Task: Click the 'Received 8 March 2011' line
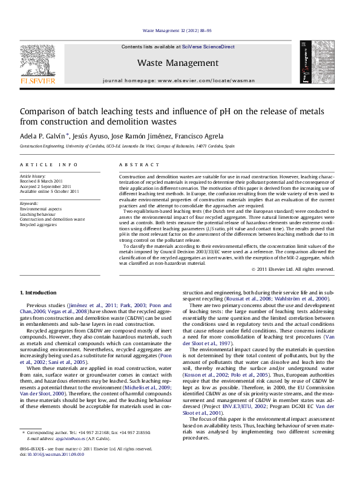point(41,181)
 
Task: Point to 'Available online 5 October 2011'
point(50,191)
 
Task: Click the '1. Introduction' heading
point(38,293)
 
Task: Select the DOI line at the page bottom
point(52,454)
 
